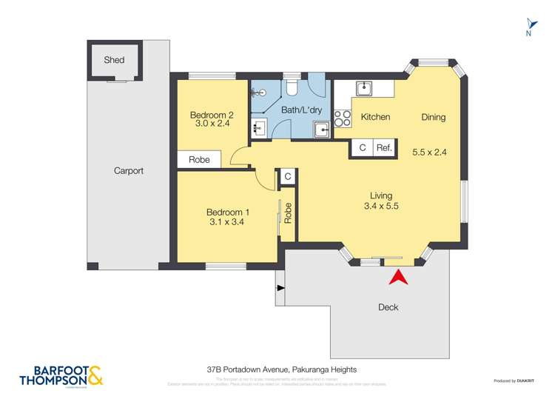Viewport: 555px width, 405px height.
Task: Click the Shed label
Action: (114, 60)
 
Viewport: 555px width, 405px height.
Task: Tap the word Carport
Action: (129, 171)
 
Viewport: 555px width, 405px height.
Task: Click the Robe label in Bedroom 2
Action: (199, 160)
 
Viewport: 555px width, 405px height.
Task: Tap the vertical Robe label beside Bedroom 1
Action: (289, 213)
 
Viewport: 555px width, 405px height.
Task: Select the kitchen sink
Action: (363, 90)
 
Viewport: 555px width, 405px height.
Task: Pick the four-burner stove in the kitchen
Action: (343, 117)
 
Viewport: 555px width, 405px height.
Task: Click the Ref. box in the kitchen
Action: (383, 147)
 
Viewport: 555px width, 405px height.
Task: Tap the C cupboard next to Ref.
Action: (362, 147)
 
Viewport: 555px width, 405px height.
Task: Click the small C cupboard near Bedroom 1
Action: (287, 177)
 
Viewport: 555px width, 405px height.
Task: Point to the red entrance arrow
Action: (398, 277)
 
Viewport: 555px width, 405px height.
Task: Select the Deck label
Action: (388, 307)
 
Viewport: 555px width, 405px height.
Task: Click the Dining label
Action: (434, 117)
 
